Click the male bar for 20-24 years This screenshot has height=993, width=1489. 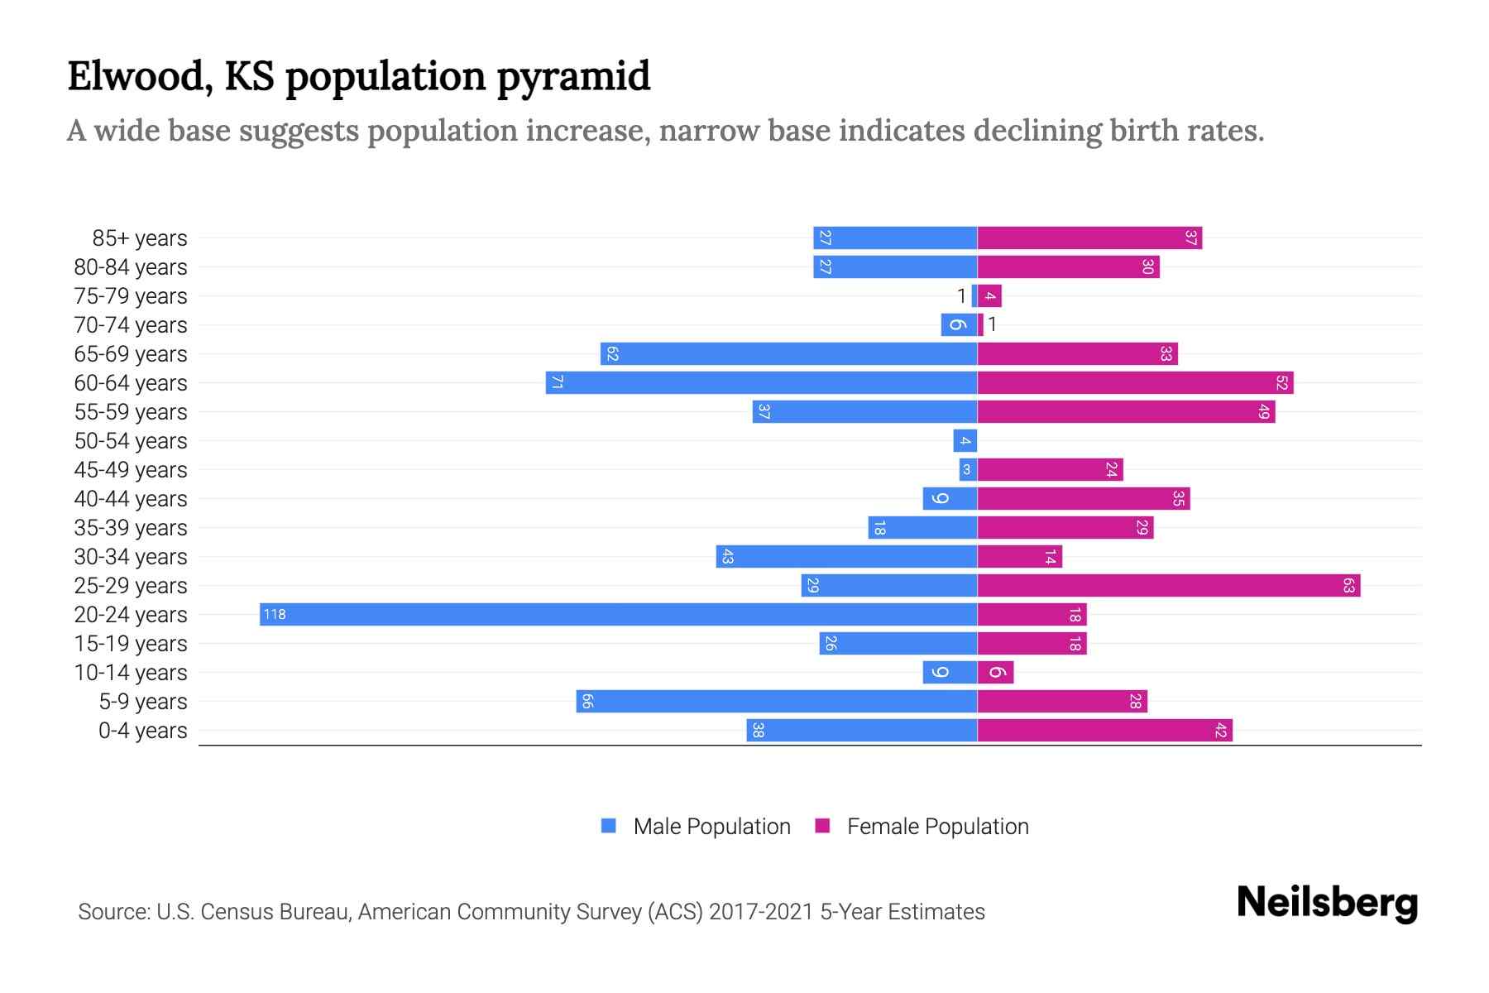pyautogui.click(x=618, y=614)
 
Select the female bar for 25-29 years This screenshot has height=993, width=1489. pyautogui.click(x=1168, y=585)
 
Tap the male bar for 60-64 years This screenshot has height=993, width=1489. pyautogui.click(x=761, y=382)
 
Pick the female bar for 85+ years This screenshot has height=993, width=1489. pyautogui.click(x=1089, y=237)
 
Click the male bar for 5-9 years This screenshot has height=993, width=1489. pyautogui.click(x=777, y=701)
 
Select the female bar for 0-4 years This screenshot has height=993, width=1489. pyautogui.click(x=1104, y=730)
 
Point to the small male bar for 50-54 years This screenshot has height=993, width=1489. pyautogui.click(x=965, y=440)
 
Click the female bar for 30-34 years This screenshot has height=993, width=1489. pyautogui.click(x=1019, y=556)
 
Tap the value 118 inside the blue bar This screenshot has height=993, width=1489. pyautogui.click(x=275, y=614)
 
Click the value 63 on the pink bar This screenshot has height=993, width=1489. pyautogui.click(x=1348, y=585)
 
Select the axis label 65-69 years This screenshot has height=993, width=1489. pyautogui.click(x=131, y=353)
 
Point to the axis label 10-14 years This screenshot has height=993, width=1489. pyautogui.click(x=131, y=672)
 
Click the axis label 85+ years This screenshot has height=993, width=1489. pyautogui.click(x=140, y=237)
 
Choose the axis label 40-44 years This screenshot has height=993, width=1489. pyautogui.click(x=131, y=498)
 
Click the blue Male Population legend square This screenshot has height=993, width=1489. pyautogui.click(x=609, y=826)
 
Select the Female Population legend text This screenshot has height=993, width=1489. pyautogui.click(x=937, y=826)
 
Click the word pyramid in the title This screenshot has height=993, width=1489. pyautogui.click(x=573, y=76)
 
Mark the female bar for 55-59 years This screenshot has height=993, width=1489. pyautogui.click(x=1126, y=411)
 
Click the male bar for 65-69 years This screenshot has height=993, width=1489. pyautogui.click(x=788, y=353)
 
